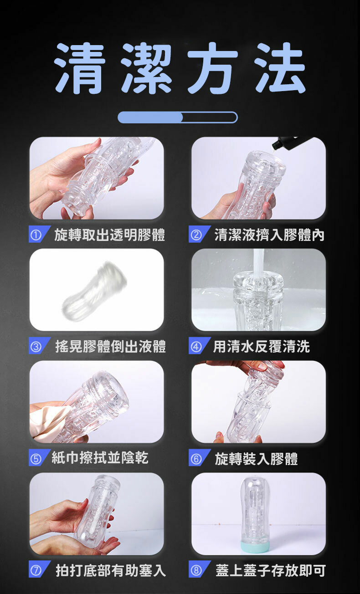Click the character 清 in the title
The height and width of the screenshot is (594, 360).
pos(79,68)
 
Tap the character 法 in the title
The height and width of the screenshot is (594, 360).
pos(280,68)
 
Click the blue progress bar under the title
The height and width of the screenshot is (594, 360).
pos(177,117)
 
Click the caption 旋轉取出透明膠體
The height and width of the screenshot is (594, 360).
pos(109,235)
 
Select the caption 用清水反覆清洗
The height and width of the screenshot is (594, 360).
pos(262,347)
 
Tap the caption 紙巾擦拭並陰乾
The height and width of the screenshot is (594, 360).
pos(100,458)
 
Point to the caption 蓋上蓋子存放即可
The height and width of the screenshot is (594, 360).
pos(270,570)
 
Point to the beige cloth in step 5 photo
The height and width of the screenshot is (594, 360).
pos(49,422)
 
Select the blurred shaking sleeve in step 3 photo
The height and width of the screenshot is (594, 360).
pos(95,290)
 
